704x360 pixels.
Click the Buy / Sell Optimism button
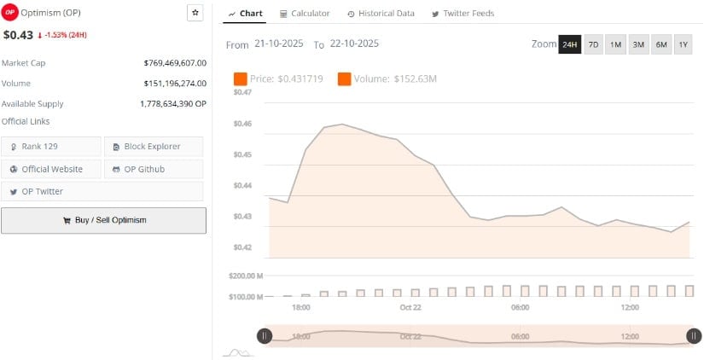pos(103,220)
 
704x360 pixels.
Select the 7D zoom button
pos(593,44)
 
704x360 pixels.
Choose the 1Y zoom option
pos(683,44)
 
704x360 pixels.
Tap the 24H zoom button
pos(569,44)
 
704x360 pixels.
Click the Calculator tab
pos(305,14)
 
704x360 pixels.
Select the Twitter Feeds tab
pos(463,14)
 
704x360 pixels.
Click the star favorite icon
pos(195,13)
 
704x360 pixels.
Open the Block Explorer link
pos(154,147)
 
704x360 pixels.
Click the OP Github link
pos(154,169)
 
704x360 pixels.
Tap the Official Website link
pos(51,169)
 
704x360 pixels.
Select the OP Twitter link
pos(51,191)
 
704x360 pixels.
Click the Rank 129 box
pos(51,147)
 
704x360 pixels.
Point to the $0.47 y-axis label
pos(242,92)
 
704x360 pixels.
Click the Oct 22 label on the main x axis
pos(410,307)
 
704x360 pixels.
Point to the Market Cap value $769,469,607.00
pos(176,63)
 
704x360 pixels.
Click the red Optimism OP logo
pos(10,13)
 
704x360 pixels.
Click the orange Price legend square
pos(241,79)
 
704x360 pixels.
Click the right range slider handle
pos(694,336)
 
